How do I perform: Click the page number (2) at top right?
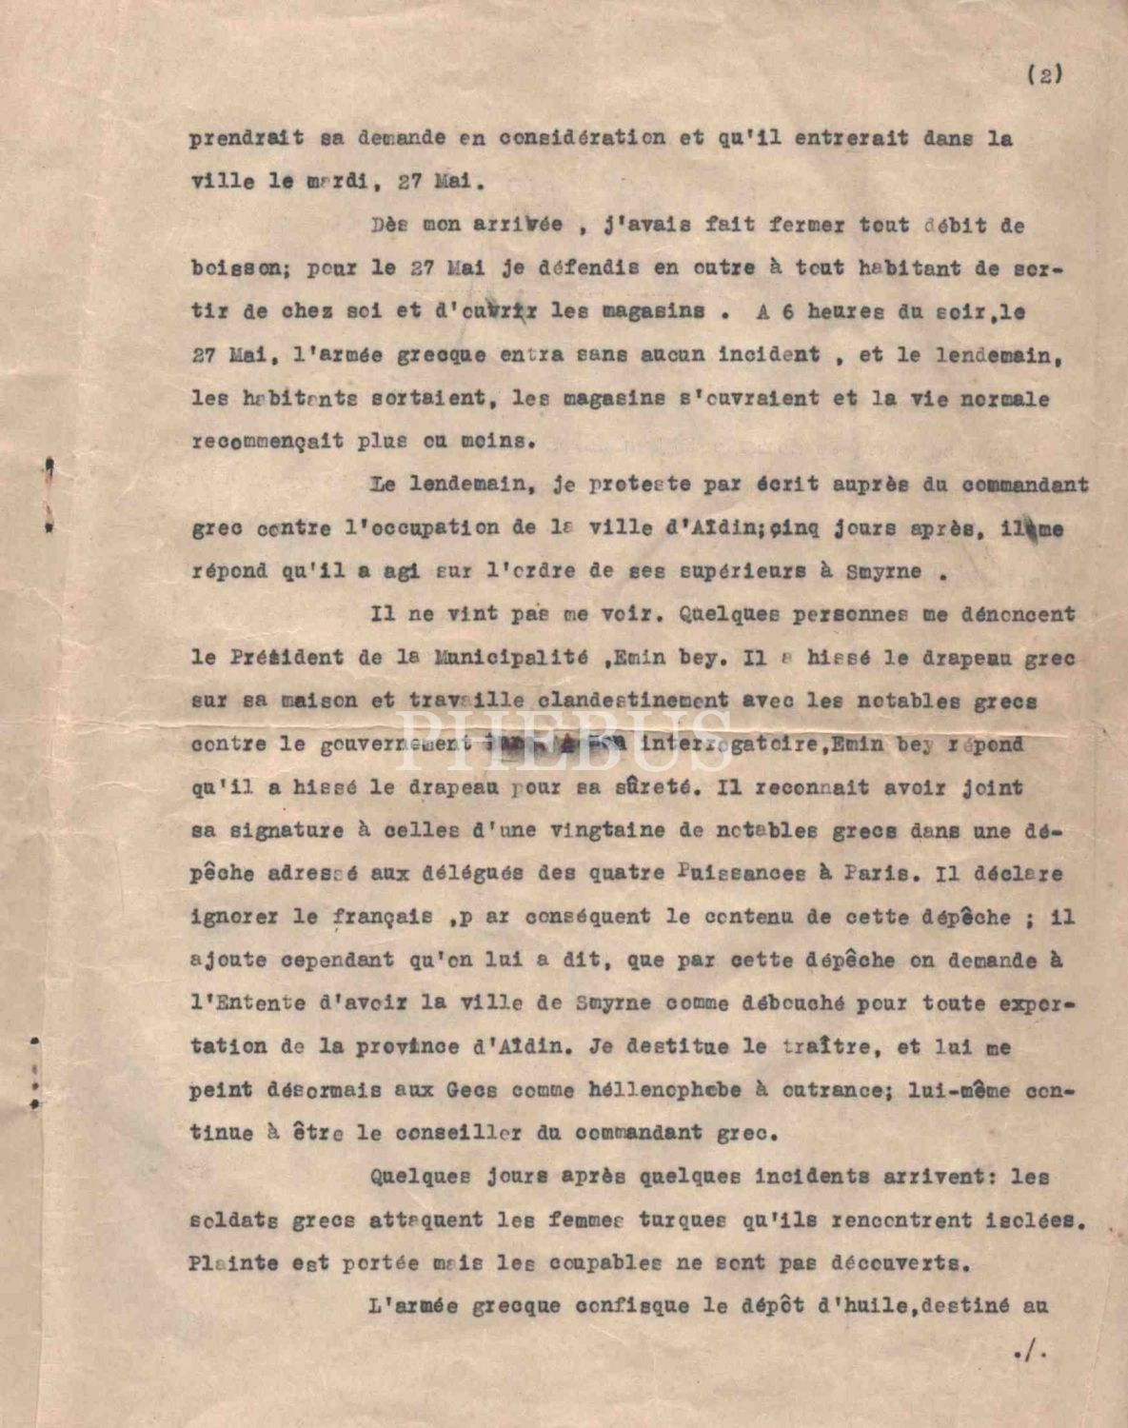(x=1045, y=75)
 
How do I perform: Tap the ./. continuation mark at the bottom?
(x=1030, y=1353)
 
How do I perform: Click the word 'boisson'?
(x=232, y=268)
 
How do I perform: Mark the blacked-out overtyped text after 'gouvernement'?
(x=552, y=744)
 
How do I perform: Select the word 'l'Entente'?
(x=247, y=1003)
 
